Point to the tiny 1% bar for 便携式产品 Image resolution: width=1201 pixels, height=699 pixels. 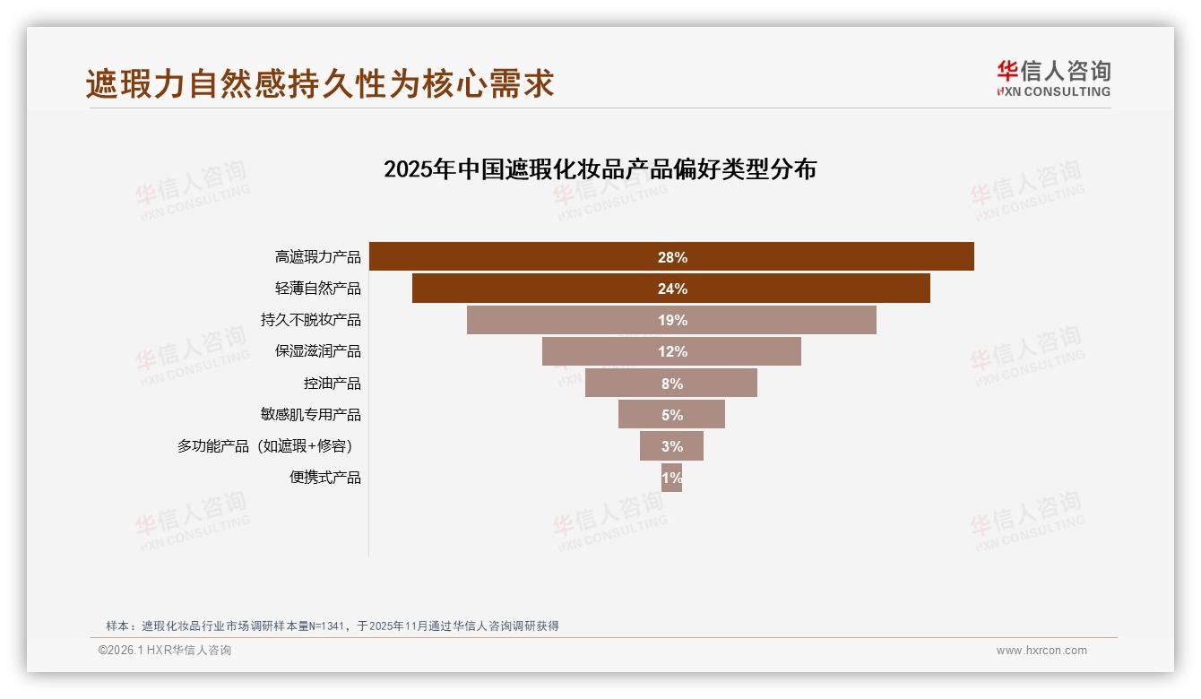[671, 478]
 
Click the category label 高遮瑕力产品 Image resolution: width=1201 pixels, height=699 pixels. [317, 257]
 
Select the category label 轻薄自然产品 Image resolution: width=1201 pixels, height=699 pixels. [317, 289]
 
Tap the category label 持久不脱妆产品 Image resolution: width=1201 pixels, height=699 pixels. [310, 320]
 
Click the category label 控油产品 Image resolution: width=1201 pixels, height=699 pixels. [332, 383]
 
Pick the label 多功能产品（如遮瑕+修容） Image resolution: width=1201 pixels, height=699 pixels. [269, 445]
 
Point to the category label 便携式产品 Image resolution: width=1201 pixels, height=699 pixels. [324, 478]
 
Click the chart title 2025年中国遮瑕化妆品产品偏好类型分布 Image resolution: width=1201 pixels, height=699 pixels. [600, 169]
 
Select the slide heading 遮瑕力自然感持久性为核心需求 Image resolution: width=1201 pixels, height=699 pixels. [320, 84]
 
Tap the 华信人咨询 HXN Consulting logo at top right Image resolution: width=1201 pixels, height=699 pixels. [1053, 79]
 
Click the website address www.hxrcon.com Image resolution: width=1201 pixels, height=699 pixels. [1041, 651]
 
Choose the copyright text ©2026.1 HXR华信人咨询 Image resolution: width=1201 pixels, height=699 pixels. [165, 651]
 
